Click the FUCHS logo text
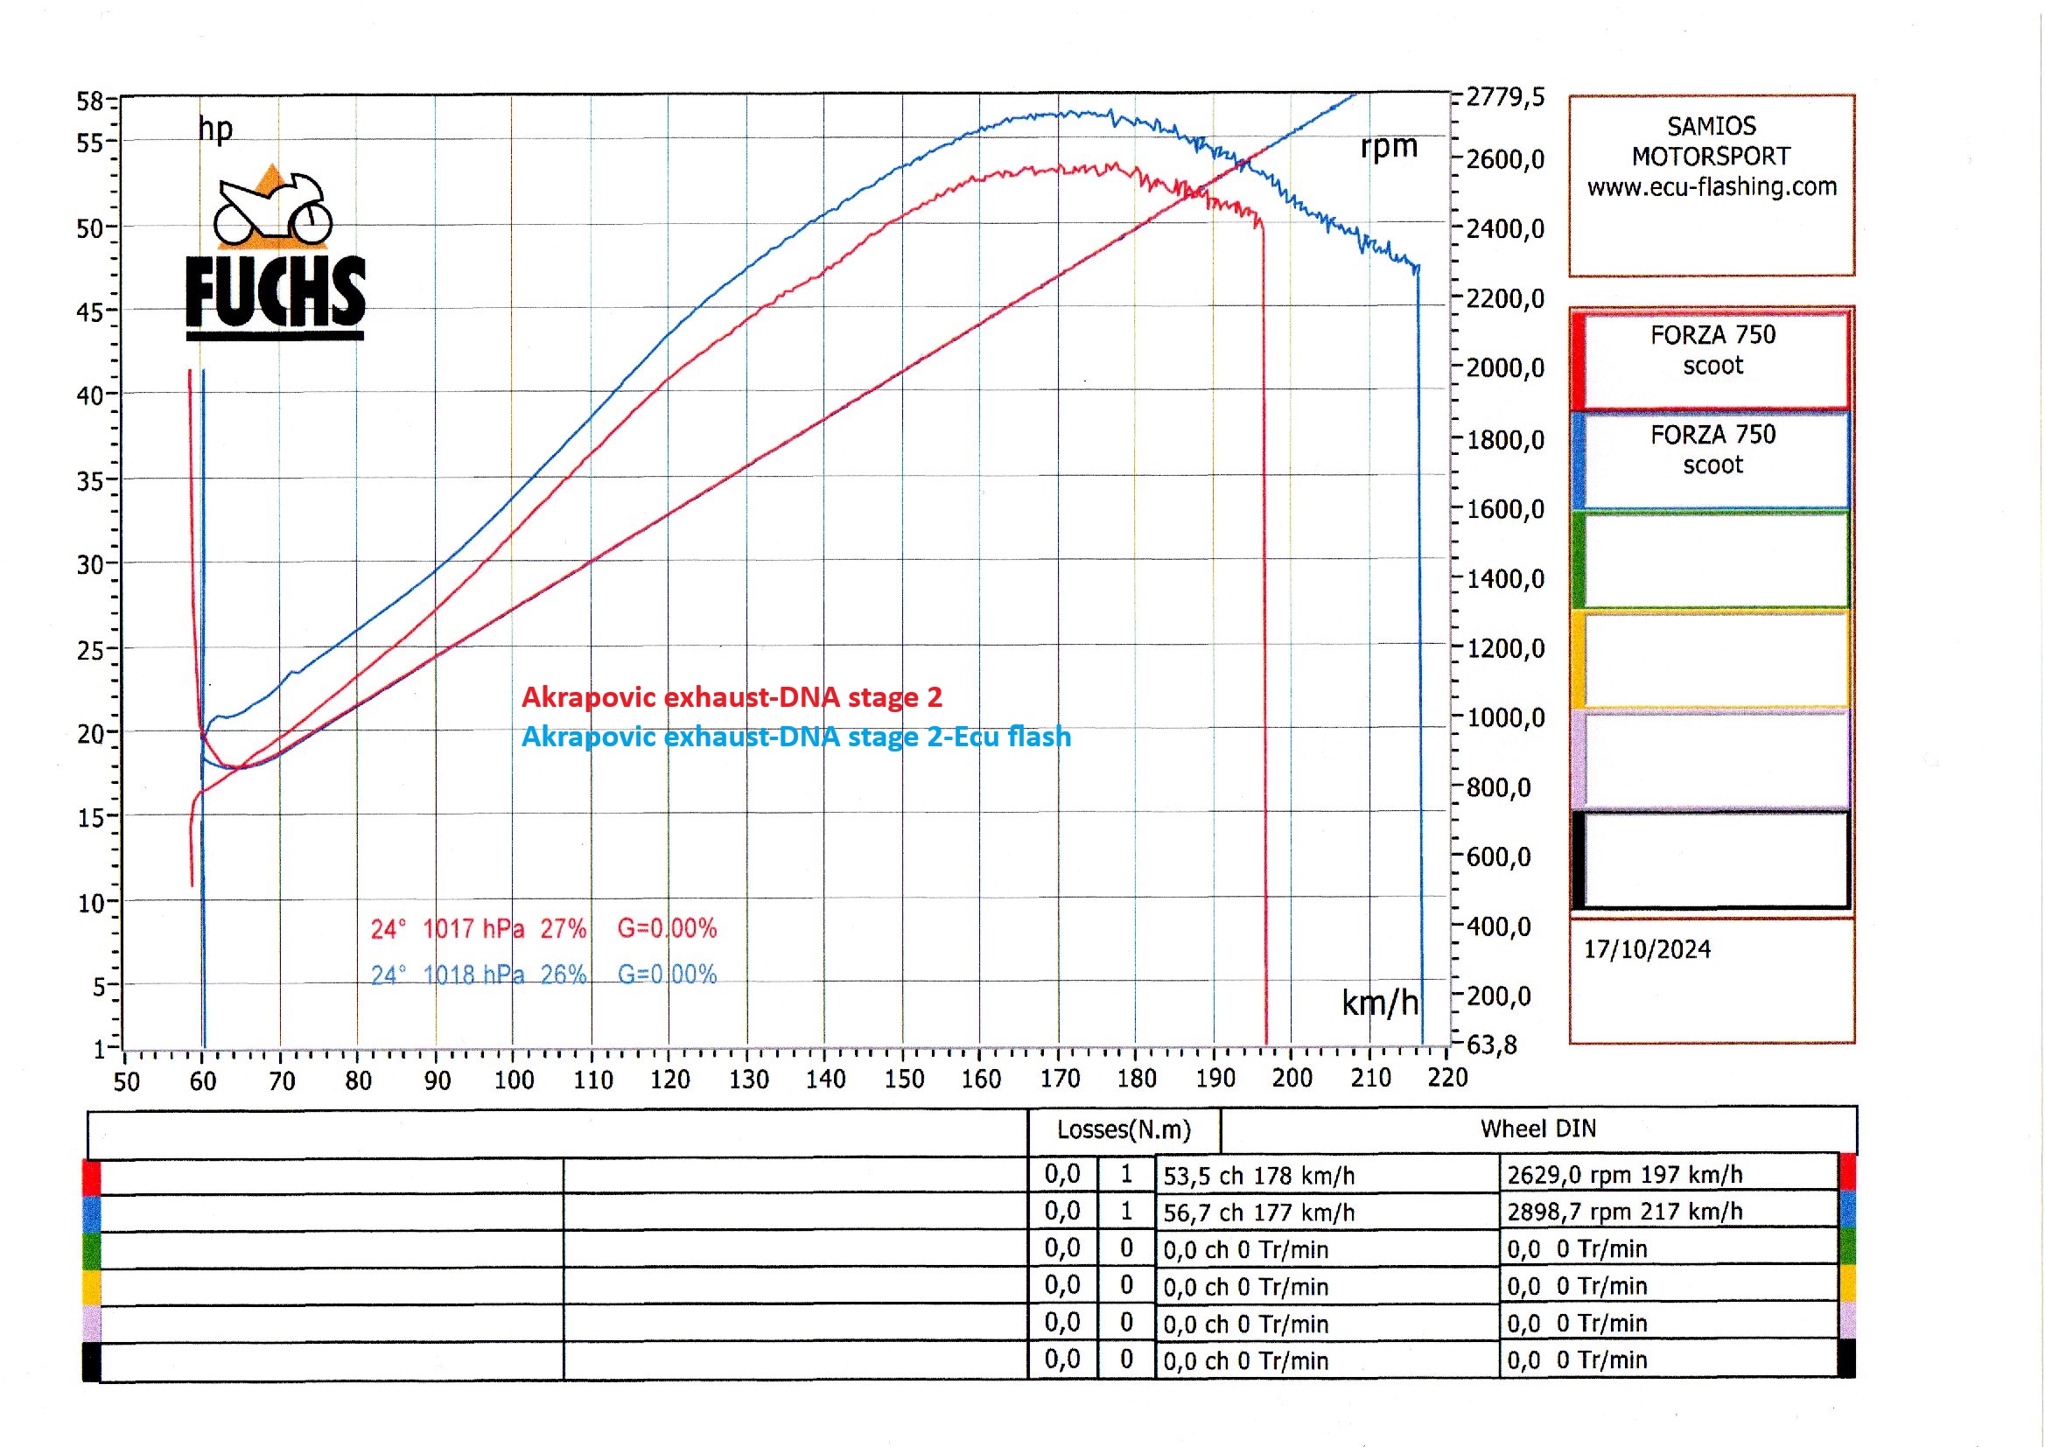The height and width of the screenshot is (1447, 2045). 276,291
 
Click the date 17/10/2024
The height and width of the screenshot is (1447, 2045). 1647,949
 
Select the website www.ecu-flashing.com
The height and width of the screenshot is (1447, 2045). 1712,186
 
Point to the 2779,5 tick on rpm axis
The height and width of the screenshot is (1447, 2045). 1505,96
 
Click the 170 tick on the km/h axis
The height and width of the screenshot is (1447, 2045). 1060,1079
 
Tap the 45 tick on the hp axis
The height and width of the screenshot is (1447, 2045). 90,311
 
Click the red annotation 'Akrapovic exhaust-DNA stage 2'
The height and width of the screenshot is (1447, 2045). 732,696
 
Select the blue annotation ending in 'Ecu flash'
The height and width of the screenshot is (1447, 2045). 795,737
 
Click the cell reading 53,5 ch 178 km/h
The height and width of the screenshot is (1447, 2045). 1258,1175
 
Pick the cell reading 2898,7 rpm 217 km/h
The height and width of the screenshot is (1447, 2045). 1624,1212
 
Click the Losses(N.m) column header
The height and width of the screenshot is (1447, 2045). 1124,1129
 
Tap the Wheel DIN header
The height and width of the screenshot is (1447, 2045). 1538,1129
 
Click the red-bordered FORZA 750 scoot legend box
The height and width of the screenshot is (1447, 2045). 1712,359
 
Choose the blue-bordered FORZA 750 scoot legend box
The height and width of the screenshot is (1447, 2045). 1712,459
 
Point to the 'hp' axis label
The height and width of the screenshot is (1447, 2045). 215,130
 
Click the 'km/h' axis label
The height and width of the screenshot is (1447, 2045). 1379,1003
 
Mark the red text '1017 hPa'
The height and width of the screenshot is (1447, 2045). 473,929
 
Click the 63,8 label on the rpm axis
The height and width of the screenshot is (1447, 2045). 1492,1045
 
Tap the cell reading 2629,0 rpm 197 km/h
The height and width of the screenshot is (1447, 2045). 1624,1174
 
